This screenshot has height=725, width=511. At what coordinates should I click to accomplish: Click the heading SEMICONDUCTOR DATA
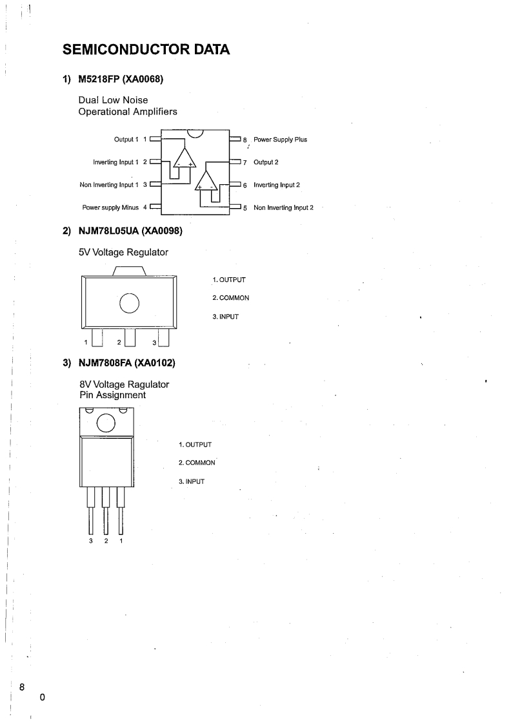click(146, 49)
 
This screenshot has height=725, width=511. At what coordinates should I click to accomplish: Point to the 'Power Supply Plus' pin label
click(280, 140)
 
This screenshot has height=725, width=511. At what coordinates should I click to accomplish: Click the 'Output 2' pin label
click(266, 162)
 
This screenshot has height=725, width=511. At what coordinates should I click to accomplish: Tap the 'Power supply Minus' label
click(110, 207)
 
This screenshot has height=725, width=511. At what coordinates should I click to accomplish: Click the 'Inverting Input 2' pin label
click(277, 185)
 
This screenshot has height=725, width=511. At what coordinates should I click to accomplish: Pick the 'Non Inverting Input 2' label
click(283, 207)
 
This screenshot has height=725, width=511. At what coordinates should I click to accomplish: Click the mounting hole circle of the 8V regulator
click(106, 423)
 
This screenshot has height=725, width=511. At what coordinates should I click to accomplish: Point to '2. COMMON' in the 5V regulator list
click(230, 298)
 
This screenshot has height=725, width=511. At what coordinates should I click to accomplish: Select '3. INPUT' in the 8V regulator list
click(191, 481)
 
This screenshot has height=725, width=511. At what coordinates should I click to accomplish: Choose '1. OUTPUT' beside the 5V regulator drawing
click(228, 280)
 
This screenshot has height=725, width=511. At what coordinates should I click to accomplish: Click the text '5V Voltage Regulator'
click(123, 252)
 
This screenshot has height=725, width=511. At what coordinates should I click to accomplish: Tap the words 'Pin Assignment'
click(112, 395)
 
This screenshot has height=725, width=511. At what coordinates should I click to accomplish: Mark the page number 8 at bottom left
click(22, 686)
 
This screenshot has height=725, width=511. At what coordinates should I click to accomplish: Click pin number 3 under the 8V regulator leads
click(91, 540)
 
